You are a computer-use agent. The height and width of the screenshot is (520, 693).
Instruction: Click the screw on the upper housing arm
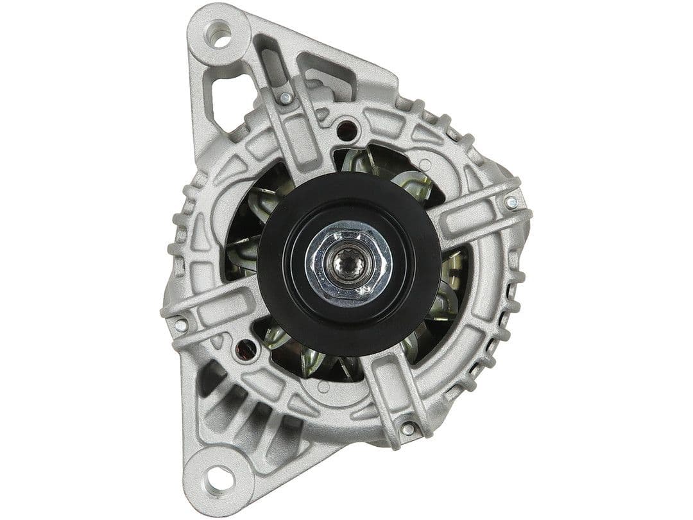pos(284,98)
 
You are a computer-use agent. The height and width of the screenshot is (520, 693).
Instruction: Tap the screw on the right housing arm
pos(511,202)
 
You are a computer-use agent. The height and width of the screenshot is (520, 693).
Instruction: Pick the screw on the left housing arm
pos(181,325)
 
